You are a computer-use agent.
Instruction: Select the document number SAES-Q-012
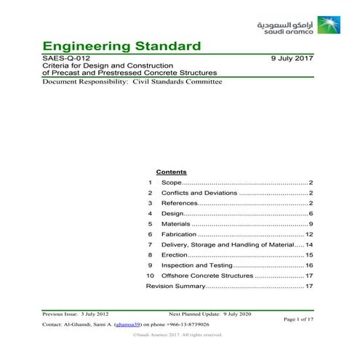67,57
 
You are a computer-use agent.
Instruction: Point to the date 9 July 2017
292,57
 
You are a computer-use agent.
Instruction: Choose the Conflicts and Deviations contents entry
199,193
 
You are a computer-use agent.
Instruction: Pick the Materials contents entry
177,224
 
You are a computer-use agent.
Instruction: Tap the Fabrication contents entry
180,235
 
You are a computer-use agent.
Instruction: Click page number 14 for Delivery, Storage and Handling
309,245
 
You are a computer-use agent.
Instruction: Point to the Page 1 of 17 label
298,319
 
